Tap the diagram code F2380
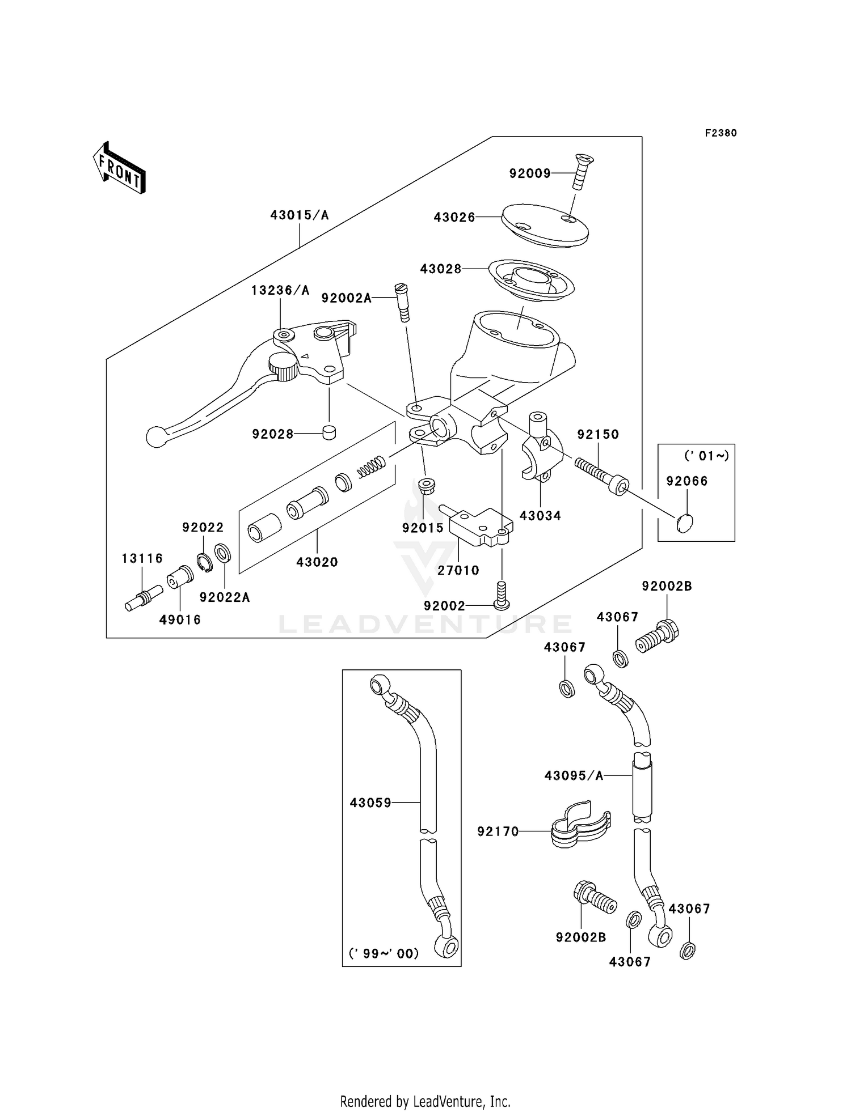click(x=721, y=133)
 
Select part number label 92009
click(x=530, y=174)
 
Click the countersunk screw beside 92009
click(x=580, y=171)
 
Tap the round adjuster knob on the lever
click(x=283, y=367)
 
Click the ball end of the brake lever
click(x=154, y=436)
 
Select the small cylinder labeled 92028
click(x=328, y=432)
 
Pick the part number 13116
click(x=142, y=558)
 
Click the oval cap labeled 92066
click(x=685, y=523)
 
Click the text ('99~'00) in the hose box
click(x=384, y=953)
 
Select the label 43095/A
click(x=574, y=775)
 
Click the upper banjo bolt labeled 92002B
click(x=658, y=637)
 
